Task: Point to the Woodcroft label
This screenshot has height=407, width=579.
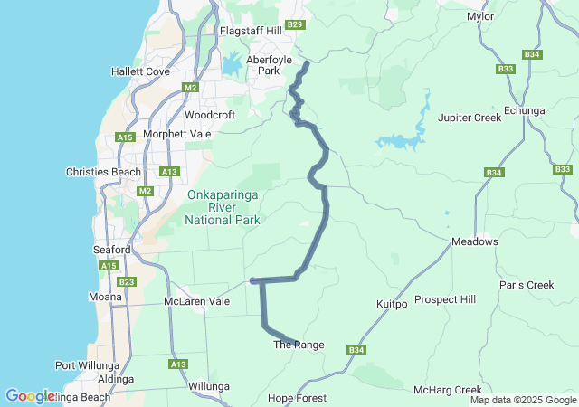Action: tap(209, 115)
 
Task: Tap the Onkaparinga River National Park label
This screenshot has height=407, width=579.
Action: tap(223, 207)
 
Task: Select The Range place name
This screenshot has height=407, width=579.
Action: tap(298, 345)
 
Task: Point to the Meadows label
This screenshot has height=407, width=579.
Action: tap(475, 241)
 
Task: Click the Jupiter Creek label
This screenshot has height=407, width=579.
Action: tap(469, 118)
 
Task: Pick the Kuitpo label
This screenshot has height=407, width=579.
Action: tap(392, 305)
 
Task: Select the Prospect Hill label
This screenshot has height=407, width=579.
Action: tap(444, 299)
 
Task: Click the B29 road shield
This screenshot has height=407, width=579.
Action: tap(294, 24)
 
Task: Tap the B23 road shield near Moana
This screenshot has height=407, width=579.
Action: tap(127, 282)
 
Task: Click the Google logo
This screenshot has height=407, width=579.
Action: tap(29, 396)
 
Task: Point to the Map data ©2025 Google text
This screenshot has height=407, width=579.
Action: tap(522, 400)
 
